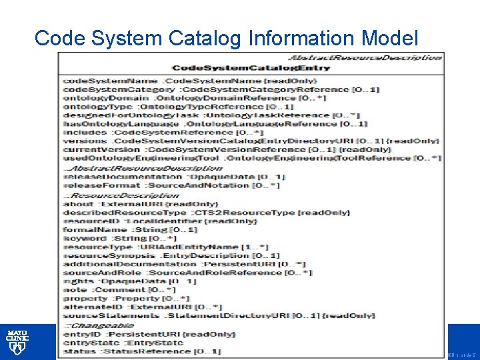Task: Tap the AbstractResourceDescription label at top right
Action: [x=365, y=57]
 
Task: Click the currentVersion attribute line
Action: [x=227, y=150]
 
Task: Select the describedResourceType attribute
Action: [x=206, y=212]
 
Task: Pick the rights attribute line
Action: [x=130, y=281]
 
